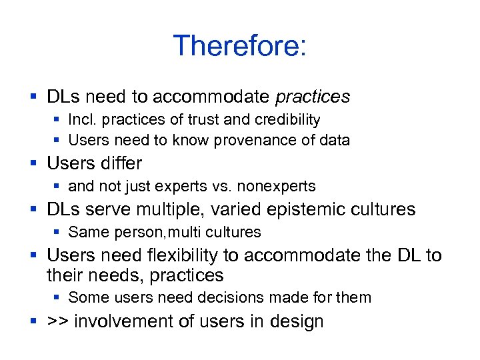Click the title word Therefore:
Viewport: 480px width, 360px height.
[239, 46]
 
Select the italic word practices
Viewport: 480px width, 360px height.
[312, 97]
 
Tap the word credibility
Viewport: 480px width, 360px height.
[287, 120]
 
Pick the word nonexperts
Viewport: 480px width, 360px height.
[277, 186]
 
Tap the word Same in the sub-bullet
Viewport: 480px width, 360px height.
[85, 232]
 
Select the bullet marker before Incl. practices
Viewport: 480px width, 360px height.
[58, 121]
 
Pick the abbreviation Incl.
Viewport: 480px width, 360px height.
[81, 120]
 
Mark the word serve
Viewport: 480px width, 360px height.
[103, 209]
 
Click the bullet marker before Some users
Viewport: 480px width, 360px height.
[58, 298]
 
